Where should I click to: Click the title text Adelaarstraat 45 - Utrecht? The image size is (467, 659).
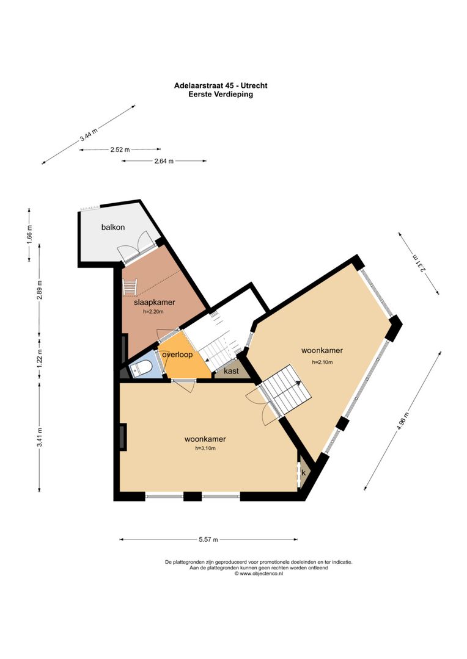tap(221, 86)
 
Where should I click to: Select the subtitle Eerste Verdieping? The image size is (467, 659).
tap(221, 95)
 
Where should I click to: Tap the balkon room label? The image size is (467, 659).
tap(113, 227)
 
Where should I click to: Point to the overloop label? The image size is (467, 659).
tap(177, 355)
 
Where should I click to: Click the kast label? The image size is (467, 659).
tap(231, 371)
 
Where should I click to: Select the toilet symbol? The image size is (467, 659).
tap(140, 369)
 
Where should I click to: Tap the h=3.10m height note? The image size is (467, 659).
tap(205, 448)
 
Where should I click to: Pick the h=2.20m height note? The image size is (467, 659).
tap(153, 311)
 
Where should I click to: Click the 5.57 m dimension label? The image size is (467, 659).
tap(208, 539)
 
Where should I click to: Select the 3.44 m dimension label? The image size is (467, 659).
tap(89, 135)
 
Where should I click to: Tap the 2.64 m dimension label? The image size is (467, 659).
tap(164, 161)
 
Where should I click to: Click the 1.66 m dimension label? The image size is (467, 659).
tap(29, 235)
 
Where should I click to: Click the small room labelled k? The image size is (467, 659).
tap(303, 473)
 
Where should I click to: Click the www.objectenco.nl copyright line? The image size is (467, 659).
tap(259, 574)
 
